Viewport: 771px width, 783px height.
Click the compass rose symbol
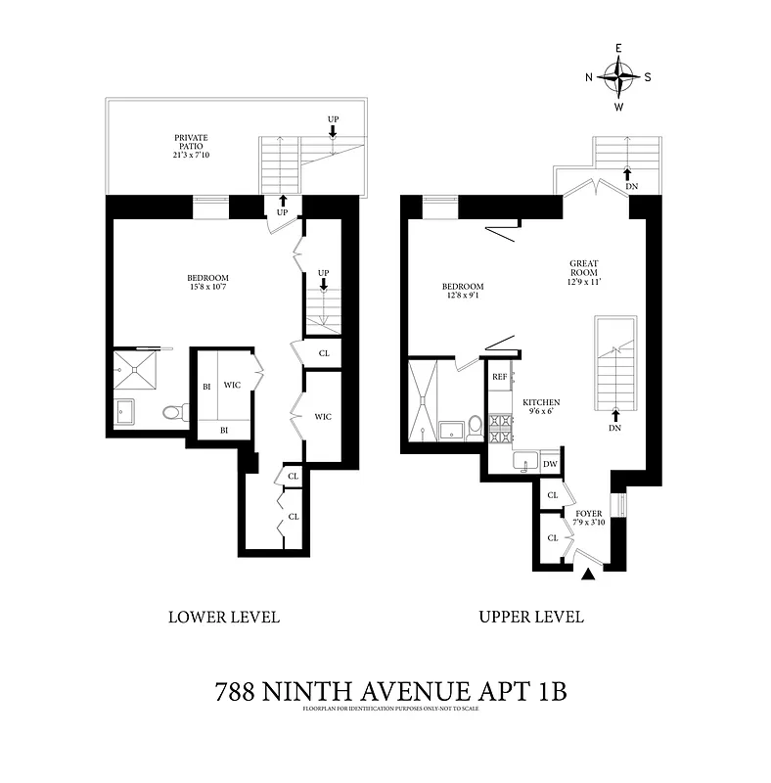pyautogui.click(x=618, y=75)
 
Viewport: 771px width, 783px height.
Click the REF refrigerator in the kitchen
pyautogui.click(x=499, y=377)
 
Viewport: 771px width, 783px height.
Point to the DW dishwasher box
pyautogui.click(x=550, y=464)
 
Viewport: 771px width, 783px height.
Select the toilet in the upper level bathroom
pyautogui.click(x=475, y=426)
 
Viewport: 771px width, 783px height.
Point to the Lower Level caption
pyautogui.click(x=224, y=618)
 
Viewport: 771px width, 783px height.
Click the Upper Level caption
pyautogui.click(x=531, y=618)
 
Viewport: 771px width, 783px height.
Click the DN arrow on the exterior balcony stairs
pyautogui.click(x=627, y=175)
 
